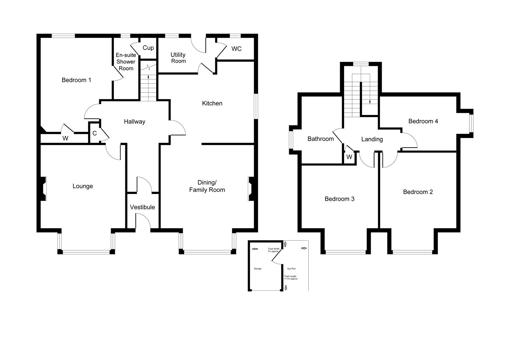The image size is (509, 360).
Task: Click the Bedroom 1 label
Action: [x=76, y=80]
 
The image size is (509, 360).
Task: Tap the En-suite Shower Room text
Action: [x=126, y=62]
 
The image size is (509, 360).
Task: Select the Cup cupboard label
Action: [x=148, y=48]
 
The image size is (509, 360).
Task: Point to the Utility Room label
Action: [x=178, y=58]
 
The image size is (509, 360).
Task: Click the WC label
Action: [x=237, y=49]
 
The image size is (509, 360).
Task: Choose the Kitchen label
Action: [x=212, y=103]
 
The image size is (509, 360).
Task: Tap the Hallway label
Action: [x=135, y=122]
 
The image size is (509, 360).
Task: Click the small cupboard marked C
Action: [x=95, y=133]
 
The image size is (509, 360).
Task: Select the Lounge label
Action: [x=83, y=186]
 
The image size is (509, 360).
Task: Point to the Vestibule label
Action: [x=142, y=207]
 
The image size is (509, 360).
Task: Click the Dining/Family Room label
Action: [x=207, y=186]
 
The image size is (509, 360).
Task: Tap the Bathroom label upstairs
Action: [x=320, y=139]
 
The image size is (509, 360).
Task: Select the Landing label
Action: [x=372, y=139]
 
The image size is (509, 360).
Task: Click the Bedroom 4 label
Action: [x=423, y=121]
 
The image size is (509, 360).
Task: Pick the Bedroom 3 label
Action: [x=339, y=199]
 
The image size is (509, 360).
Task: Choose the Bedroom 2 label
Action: [x=418, y=192]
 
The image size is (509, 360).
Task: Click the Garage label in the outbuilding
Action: [x=257, y=268]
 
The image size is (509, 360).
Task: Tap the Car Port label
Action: [x=291, y=268]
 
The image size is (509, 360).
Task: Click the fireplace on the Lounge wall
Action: [x=43, y=189]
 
